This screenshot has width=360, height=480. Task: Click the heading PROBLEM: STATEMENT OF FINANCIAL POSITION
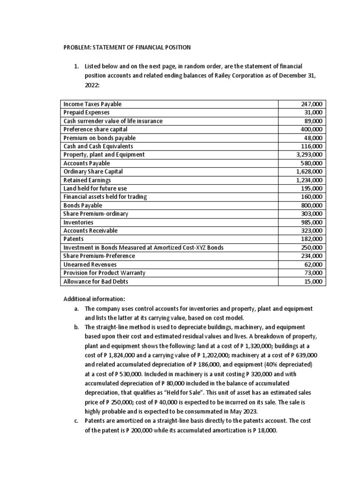coord(127,47)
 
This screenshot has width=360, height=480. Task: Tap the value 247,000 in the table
coord(311,104)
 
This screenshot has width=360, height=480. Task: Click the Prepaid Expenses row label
coord(87,112)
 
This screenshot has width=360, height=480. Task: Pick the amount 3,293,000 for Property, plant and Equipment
coord(309,155)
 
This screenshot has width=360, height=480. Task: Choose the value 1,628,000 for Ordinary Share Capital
coord(309,172)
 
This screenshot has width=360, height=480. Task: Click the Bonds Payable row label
coord(82,205)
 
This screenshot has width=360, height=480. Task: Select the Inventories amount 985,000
coord(311,222)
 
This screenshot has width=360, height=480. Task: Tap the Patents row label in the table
coord(74,239)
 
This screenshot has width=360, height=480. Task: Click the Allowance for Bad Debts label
coord(96,281)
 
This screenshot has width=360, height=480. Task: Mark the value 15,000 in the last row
coord(313,281)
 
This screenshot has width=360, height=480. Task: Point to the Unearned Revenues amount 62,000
coord(313,264)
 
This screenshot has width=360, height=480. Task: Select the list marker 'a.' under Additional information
coord(76,309)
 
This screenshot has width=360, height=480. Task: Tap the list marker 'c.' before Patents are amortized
coord(76,420)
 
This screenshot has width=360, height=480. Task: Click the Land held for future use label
coord(95,188)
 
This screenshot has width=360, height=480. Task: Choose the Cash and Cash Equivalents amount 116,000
coord(311,146)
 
